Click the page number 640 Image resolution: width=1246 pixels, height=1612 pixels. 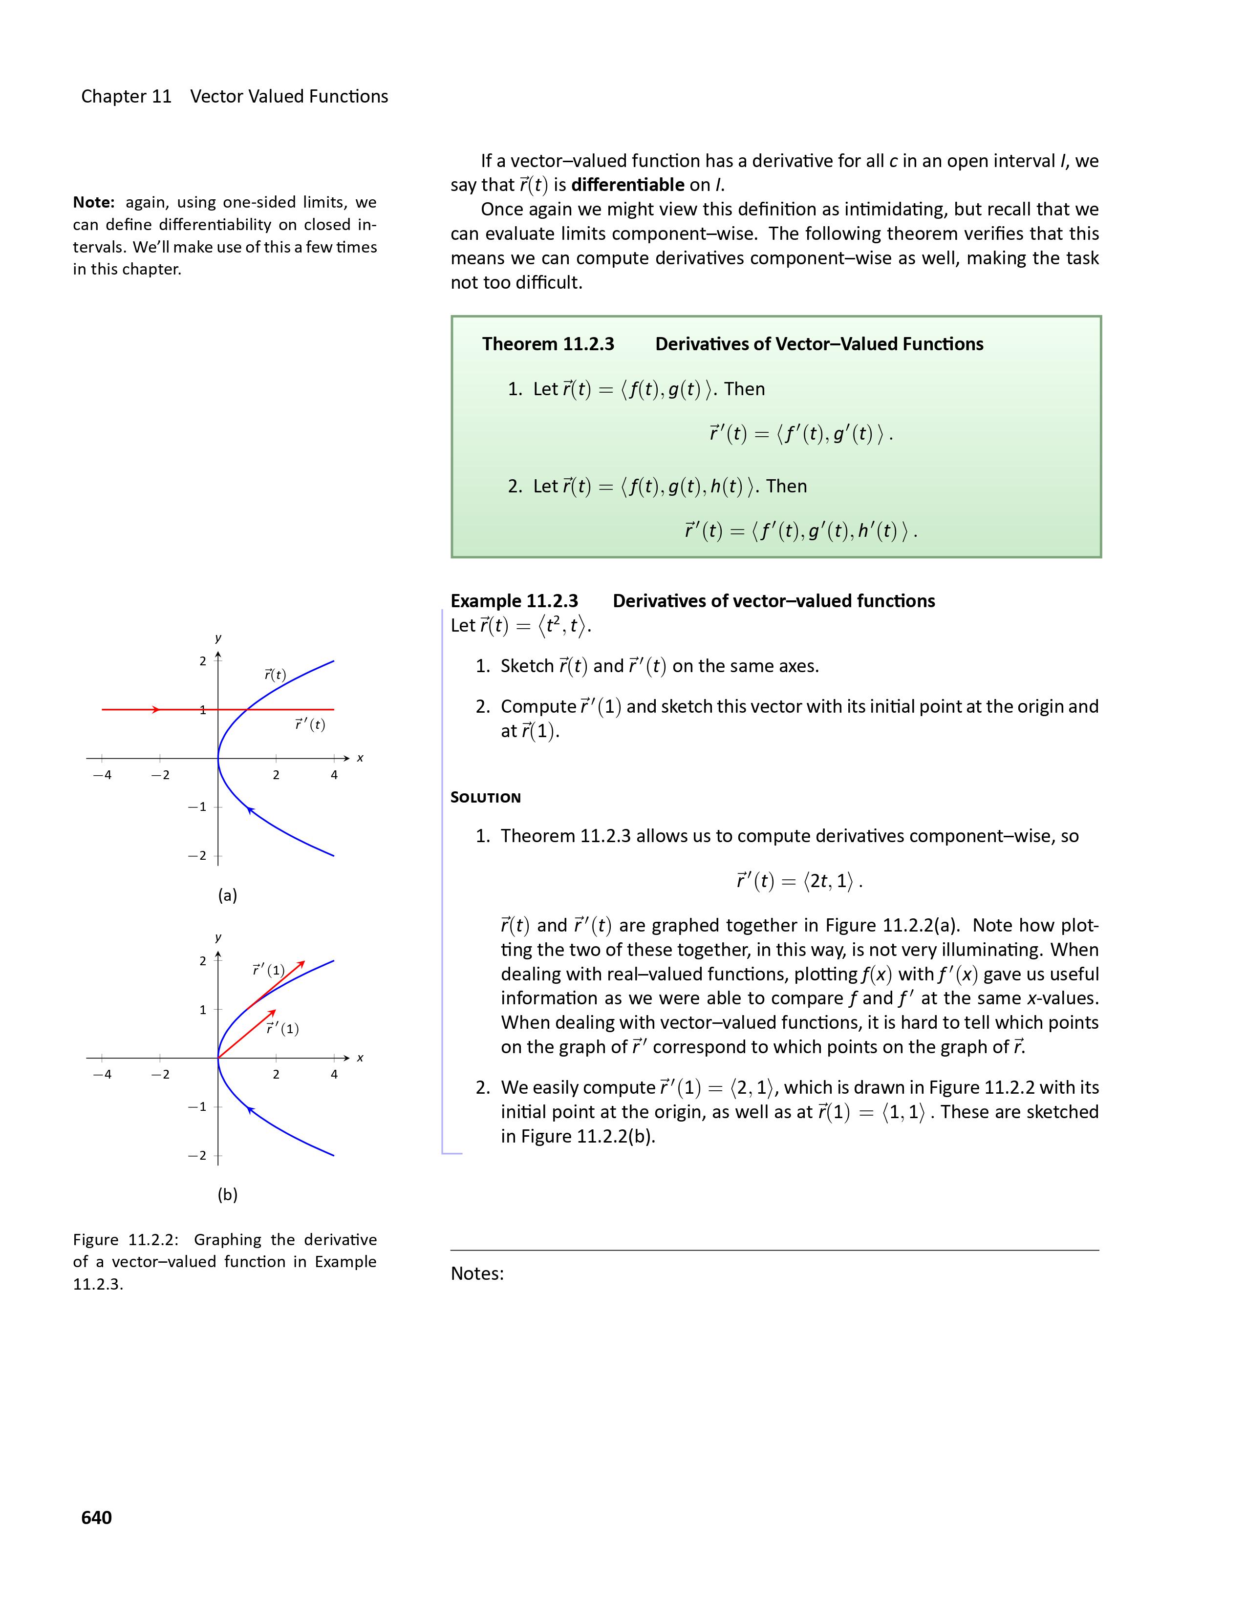point(97,1517)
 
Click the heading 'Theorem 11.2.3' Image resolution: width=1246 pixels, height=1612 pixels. point(548,344)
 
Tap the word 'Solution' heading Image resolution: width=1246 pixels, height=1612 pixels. point(486,798)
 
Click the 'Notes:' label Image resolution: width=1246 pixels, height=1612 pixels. point(477,1273)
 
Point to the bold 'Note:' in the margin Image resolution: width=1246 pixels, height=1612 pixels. point(94,202)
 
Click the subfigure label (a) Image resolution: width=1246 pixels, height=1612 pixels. point(227,895)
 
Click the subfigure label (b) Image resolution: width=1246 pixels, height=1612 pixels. point(227,1195)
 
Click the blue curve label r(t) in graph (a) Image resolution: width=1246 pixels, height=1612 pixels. point(275,675)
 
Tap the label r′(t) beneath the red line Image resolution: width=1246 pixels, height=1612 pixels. point(310,725)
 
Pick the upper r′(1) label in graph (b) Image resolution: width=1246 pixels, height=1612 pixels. point(268,970)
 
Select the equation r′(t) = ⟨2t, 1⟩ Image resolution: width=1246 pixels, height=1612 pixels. point(799,881)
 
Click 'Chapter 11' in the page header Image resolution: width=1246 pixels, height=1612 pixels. point(126,97)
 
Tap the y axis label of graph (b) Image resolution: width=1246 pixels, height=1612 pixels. point(218,937)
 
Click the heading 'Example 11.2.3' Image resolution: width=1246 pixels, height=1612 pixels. point(515,601)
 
